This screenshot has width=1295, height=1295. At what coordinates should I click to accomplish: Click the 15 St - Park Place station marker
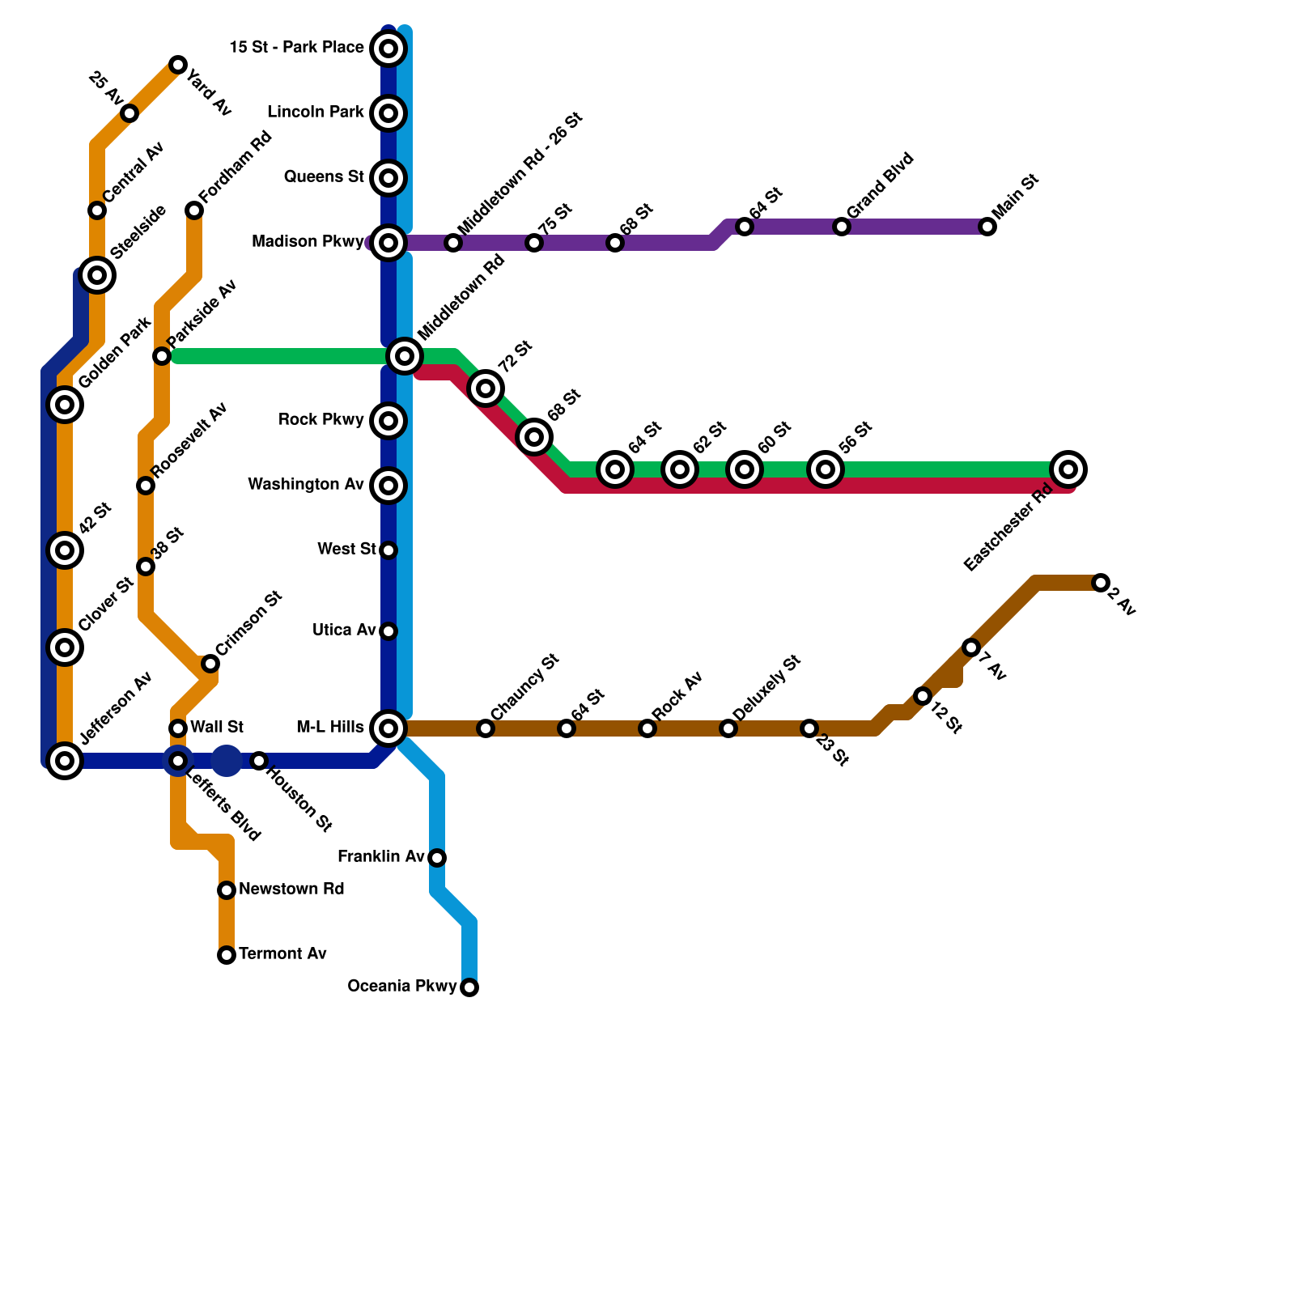point(388,49)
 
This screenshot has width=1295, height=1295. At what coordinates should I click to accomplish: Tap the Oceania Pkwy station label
point(402,987)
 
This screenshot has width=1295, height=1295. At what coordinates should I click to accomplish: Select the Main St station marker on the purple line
point(987,227)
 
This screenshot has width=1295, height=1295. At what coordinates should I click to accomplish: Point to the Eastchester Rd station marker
point(1068,469)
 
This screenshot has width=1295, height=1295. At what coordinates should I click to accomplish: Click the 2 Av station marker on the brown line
point(1100,583)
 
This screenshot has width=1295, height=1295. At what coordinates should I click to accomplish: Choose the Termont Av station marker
point(227,955)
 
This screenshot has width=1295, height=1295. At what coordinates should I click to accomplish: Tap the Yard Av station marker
point(178,65)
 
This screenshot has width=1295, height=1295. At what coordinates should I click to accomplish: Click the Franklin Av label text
point(380,857)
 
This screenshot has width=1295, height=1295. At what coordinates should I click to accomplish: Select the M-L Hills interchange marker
point(388,728)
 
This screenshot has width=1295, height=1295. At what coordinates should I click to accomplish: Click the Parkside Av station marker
point(162,356)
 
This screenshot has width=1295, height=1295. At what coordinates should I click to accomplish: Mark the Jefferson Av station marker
point(65,761)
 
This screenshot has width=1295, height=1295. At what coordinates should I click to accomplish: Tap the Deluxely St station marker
point(728,728)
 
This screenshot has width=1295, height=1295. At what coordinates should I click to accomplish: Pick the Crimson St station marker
point(210,664)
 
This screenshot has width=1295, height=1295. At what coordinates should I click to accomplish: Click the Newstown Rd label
point(291,890)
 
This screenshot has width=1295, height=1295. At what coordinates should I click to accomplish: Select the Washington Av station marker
point(388,486)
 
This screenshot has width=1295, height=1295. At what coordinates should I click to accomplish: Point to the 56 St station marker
point(826,469)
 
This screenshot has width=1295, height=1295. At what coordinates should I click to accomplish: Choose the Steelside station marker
point(97,275)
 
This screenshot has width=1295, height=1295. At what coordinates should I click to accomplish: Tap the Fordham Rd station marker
point(194,210)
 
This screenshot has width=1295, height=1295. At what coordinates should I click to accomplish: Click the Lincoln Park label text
point(316,113)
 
